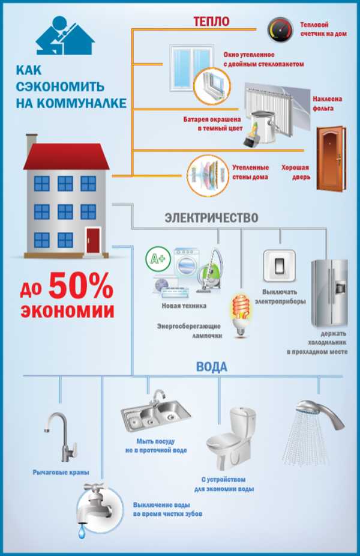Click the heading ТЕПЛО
click(x=211, y=21)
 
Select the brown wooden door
click(x=331, y=159)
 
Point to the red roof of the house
click(x=66, y=156)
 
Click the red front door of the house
click(x=93, y=240)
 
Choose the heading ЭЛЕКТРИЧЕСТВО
click(x=212, y=217)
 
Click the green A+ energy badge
click(x=156, y=259)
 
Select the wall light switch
click(x=279, y=266)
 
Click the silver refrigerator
click(x=329, y=293)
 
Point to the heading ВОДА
click(x=212, y=367)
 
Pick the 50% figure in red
click(x=81, y=286)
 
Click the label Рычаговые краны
click(x=61, y=473)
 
